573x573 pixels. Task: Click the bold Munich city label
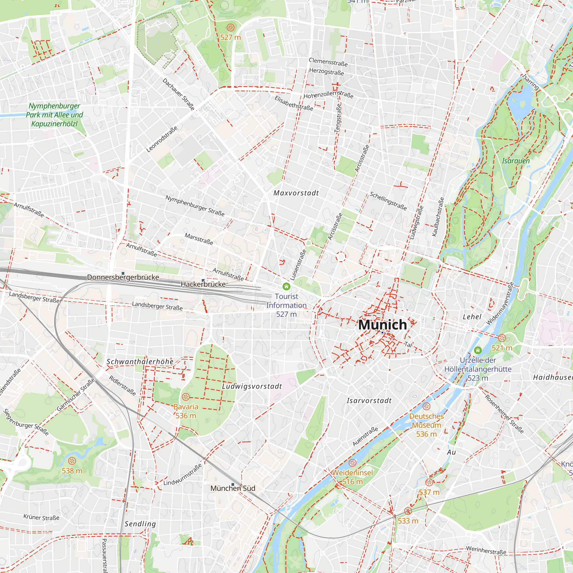[x=382, y=325]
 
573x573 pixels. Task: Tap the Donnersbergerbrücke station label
[x=123, y=277]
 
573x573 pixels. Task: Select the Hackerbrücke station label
[x=203, y=284]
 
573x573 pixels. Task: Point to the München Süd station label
[x=233, y=488]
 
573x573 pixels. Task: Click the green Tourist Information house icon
[x=286, y=286]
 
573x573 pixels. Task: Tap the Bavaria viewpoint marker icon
[x=186, y=397]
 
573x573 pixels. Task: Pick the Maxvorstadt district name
[x=296, y=193]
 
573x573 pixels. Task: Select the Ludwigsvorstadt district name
[x=252, y=386]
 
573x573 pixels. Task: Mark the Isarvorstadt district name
[x=369, y=401]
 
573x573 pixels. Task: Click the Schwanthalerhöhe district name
[x=140, y=362]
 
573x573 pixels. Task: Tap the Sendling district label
[x=140, y=524]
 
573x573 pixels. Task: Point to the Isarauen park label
[x=516, y=161]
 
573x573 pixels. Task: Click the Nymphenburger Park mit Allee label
[x=54, y=115]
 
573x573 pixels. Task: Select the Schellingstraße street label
[x=388, y=201]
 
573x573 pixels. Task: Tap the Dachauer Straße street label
[x=178, y=94]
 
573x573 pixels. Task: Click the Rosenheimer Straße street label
[x=504, y=414]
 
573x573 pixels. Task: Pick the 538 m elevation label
[x=72, y=471]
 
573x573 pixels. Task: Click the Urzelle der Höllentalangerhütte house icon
[x=478, y=350]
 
